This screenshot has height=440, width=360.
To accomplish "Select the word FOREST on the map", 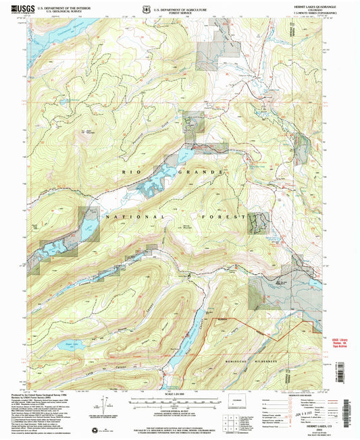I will point(221,217).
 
